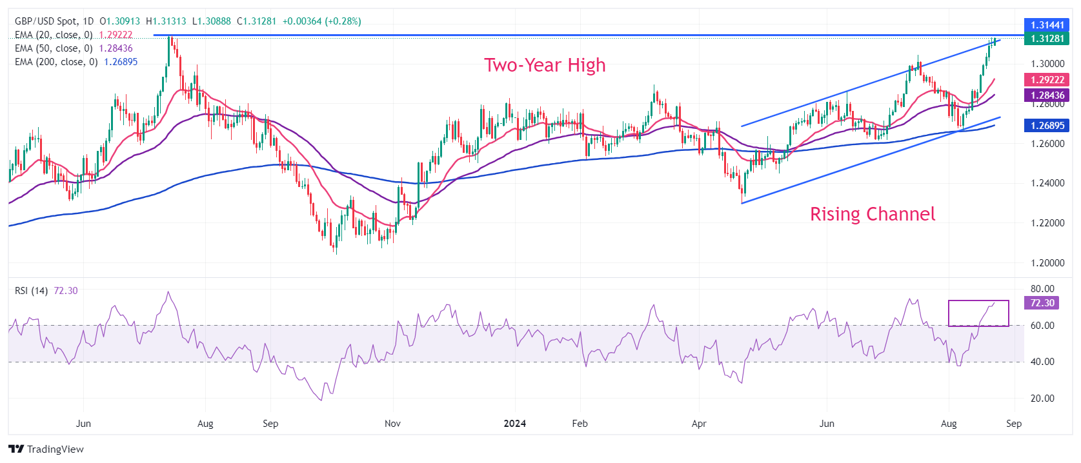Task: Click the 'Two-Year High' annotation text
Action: pyautogui.click(x=545, y=65)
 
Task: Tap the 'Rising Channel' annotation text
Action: pyautogui.click(x=872, y=214)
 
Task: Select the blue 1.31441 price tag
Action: pyautogui.click(x=1047, y=25)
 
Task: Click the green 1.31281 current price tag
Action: pyautogui.click(x=1047, y=39)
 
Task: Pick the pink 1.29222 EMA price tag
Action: pyautogui.click(x=1047, y=80)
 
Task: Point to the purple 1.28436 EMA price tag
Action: pyautogui.click(x=1047, y=95)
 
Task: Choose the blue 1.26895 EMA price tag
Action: pyautogui.click(x=1047, y=126)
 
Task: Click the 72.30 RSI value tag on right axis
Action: pyautogui.click(x=1042, y=303)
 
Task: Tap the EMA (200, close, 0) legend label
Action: pyautogui.click(x=56, y=62)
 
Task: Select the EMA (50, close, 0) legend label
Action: pyautogui.click(x=54, y=48)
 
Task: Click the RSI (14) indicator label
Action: pyautogui.click(x=31, y=291)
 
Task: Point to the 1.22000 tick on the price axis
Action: pyautogui.click(x=1047, y=223)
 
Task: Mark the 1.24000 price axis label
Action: pyautogui.click(x=1047, y=183)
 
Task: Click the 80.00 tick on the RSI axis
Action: pyautogui.click(x=1042, y=289)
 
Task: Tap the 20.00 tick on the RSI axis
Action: pyautogui.click(x=1042, y=399)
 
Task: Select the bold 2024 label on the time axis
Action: pyautogui.click(x=514, y=424)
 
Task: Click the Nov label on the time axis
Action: pyautogui.click(x=392, y=424)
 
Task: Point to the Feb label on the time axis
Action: pyautogui.click(x=580, y=424)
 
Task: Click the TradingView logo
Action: pyautogui.click(x=46, y=449)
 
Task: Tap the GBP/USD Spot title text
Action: pyautogui.click(x=46, y=21)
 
